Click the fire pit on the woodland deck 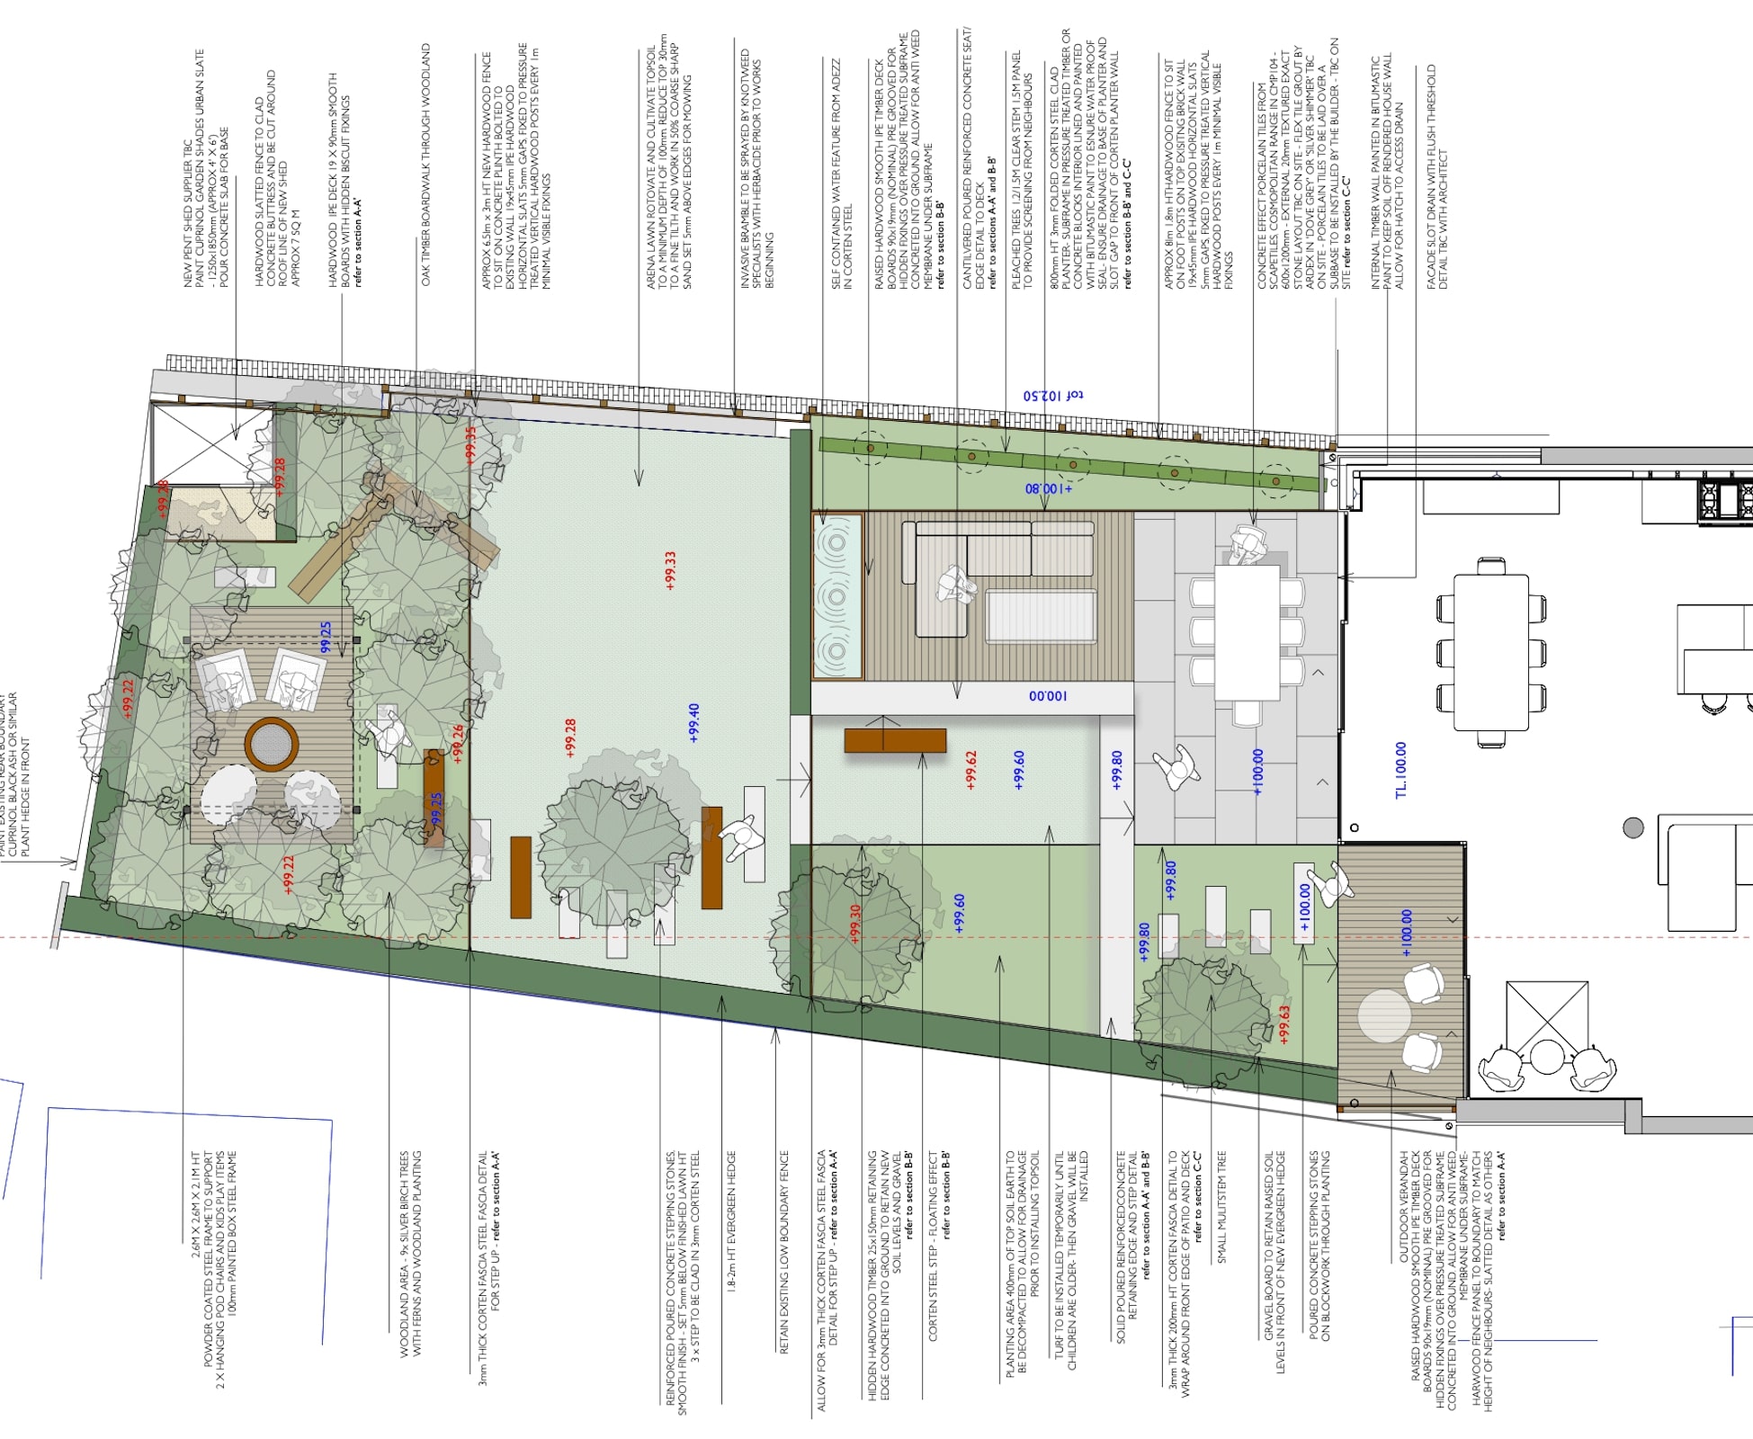[271, 744]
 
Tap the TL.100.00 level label [1400, 770]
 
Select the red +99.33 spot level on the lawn [669, 570]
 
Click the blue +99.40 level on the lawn [693, 723]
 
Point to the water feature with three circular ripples [837, 595]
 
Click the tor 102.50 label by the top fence [1053, 395]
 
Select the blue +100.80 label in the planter [1049, 488]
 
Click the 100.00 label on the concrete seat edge [1047, 696]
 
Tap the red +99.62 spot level [970, 770]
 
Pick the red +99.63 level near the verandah [1284, 1023]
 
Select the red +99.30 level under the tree [855, 923]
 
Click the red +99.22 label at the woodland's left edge [128, 699]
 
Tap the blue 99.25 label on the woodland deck [326, 637]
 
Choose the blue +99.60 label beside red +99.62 [1018, 770]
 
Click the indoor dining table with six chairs [1490, 652]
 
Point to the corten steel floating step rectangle [895, 740]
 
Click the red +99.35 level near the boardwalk [470, 444]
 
